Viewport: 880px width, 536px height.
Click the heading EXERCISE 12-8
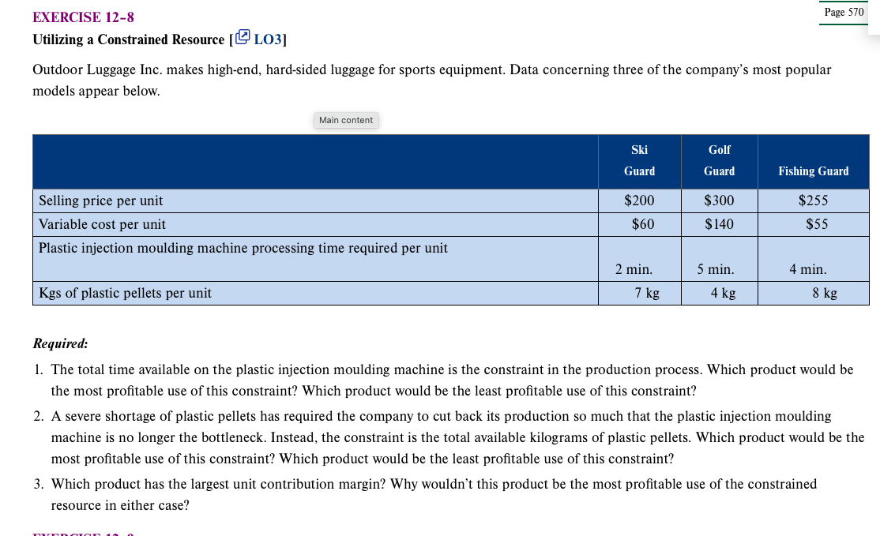pos(77,17)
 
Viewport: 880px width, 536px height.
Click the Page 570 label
pos(844,13)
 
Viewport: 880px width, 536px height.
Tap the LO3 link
pos(261,39)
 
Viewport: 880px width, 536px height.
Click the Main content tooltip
pos(346,120)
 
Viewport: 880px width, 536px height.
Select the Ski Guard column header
pos(639,160)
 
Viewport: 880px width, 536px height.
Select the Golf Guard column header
pos(719,160)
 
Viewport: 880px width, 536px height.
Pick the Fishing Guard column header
pos(813,171)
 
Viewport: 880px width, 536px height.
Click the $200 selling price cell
pos(639,201)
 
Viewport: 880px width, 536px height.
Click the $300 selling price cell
pos(719,201)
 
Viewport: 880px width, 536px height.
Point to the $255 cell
pos(813,201)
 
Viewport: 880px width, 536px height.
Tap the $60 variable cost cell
pos(643,224)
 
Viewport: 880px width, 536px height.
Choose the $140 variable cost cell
pos(719,224)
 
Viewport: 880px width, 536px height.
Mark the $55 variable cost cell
pos(817,224)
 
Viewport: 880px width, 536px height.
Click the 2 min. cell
pos(634,269)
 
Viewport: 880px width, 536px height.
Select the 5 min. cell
pos(716,269)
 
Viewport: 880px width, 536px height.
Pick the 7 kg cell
pos(647,293)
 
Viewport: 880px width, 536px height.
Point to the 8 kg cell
pos(825,293)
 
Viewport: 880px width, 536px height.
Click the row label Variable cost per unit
pos(102,224)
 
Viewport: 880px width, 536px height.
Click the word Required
pos(60,343)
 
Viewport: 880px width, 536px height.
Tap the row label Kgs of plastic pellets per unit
pos(125,293)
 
